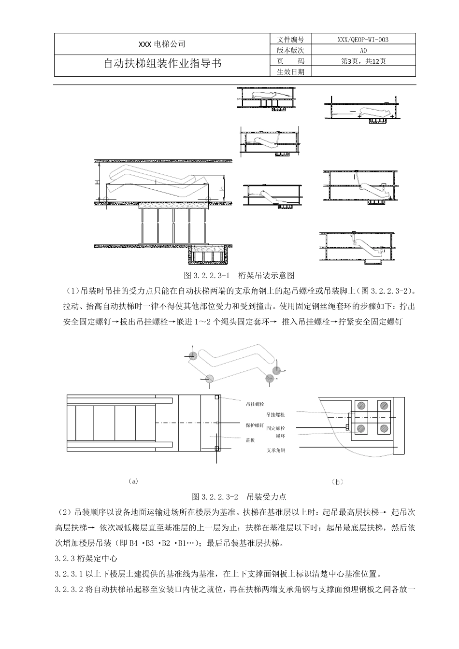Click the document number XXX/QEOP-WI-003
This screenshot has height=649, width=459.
point(363,40)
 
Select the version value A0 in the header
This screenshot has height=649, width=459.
point(363,50)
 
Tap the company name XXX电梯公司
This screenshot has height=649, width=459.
point(162,44)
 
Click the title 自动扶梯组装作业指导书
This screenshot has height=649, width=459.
point(162,64)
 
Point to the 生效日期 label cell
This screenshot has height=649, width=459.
point(290,71)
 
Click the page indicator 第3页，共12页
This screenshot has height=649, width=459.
point(363,61)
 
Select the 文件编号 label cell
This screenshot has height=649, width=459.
point(290,40)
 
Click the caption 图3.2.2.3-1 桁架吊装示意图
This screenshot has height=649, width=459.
point(240,276)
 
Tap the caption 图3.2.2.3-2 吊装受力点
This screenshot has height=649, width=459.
point(239,496)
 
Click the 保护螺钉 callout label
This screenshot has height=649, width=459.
point(255,425)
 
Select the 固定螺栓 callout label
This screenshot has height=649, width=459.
point(275,428)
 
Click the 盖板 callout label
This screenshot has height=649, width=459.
point(250,440)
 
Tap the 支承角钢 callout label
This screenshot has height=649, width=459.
point(275,450)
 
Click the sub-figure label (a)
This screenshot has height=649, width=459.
point(134,481)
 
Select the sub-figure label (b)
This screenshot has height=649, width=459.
point(338,481)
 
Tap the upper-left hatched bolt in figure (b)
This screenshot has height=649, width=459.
point(360,406)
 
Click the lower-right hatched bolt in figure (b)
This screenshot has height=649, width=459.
point(383,428)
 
